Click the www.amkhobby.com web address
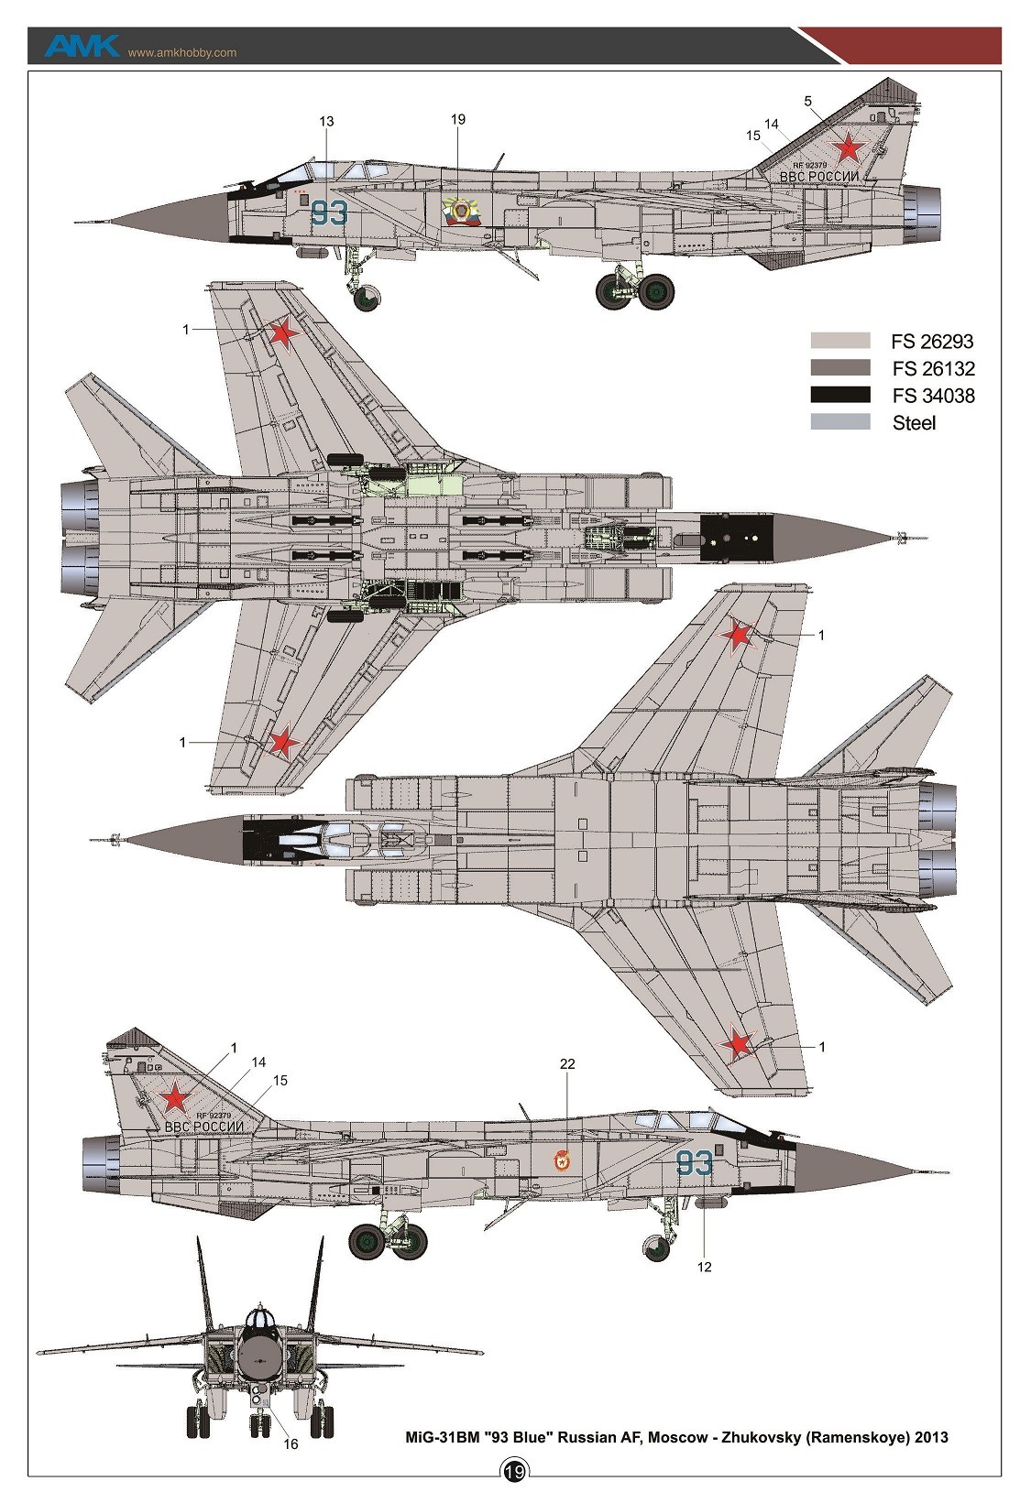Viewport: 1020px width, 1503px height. click(x=181, y=52)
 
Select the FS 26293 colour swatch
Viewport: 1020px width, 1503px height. click(x=839, y=341)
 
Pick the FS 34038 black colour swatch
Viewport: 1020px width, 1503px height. click(x=839, y=396)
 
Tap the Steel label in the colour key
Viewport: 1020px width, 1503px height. click(x=914, y=423)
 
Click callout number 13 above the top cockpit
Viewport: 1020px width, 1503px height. click(x=327, y=121)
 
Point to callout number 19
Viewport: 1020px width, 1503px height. click(x=458, y=119)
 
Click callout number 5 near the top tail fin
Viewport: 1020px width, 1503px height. click(x=807, y=102)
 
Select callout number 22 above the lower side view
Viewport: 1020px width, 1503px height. click(x=567, y=1063)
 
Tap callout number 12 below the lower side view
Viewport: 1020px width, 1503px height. click(x=704, y=1268)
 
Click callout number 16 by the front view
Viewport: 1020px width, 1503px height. click(x=291, y=1444)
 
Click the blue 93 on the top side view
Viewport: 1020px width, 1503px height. click(x=330, y=213)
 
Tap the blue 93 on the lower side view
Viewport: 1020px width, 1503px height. click(x=694, y=1163)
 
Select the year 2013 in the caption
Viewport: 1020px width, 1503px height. click(x=930, y=1437)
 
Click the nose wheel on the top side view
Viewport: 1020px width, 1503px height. click(x=367, y=296)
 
